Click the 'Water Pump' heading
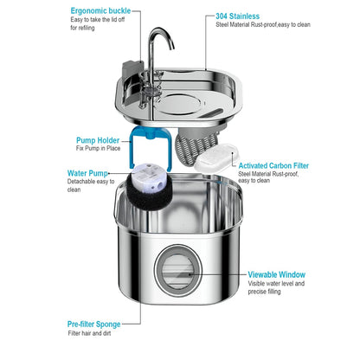[x=88, y=173]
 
